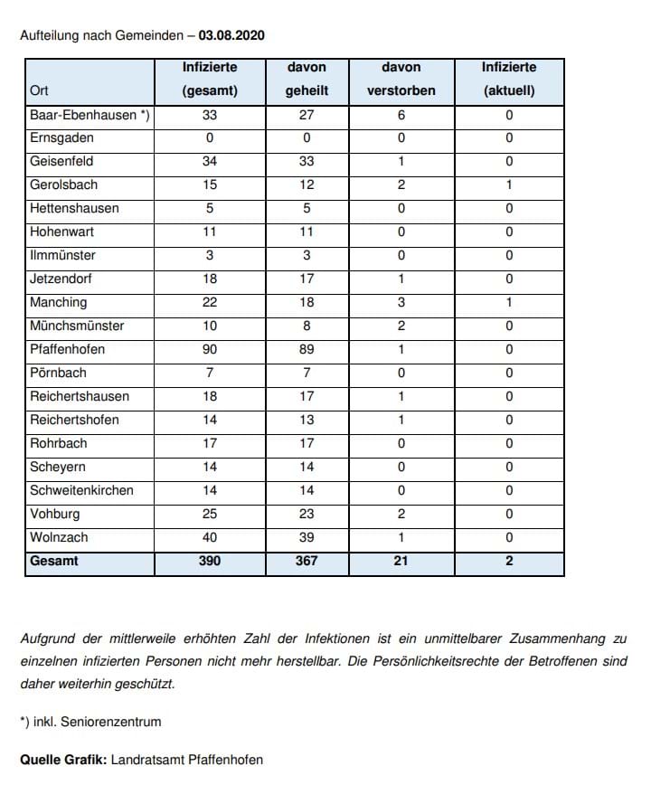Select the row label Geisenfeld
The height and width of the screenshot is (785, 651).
click(61, 162)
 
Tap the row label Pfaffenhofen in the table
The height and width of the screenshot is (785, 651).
click(67, 350)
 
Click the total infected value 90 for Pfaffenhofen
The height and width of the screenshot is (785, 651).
click(210, 350)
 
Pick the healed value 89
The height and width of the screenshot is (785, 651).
click(307, 350)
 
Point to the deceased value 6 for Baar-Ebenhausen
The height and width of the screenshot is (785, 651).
click(401, 115)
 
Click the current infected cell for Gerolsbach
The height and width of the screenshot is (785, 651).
click(509, 185)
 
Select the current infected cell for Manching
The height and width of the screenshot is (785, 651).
click(509, 303)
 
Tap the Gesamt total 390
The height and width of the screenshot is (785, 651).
click(210, 562)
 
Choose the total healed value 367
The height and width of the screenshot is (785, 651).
click(307, 562)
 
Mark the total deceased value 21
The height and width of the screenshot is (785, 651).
click(401, 562)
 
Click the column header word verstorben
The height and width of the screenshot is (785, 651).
click(401, 91)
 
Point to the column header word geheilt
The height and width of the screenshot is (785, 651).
click(307, 91)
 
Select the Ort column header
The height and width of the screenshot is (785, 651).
click(39, 91)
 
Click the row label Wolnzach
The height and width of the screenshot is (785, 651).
click(59, 538)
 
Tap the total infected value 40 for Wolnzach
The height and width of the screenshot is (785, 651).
click(210, 538)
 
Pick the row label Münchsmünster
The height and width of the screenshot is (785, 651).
click(77, 326)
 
